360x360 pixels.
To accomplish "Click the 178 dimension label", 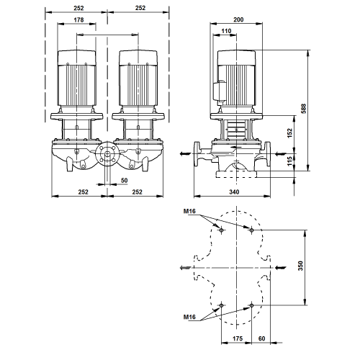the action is pos(78,19).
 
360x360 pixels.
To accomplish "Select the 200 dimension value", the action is pos(238,19).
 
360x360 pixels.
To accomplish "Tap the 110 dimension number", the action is pos(226,31).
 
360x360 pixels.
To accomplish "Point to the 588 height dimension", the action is pos(304,109).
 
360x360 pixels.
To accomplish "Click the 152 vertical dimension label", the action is pos(290,133).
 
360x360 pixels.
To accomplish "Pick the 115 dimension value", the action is pos(290,161).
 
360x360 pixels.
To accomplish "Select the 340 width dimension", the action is pos(234,192).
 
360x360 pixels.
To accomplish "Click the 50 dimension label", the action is pos(124,180).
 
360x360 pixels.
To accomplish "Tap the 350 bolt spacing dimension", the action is pos(300,266).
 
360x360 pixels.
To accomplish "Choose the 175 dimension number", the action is pos(238,338).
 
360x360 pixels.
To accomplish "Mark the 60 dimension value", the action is pos(261,338).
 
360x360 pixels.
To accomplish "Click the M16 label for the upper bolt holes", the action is pos(189,211).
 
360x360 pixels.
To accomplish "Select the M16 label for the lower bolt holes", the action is pos(189,317).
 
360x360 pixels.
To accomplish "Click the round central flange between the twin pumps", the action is pos(107,154).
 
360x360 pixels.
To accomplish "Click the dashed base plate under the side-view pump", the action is pos(236,174).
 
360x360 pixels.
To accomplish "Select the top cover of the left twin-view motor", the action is pos(76,58).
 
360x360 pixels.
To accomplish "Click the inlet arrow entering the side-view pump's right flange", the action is pos(280,153).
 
